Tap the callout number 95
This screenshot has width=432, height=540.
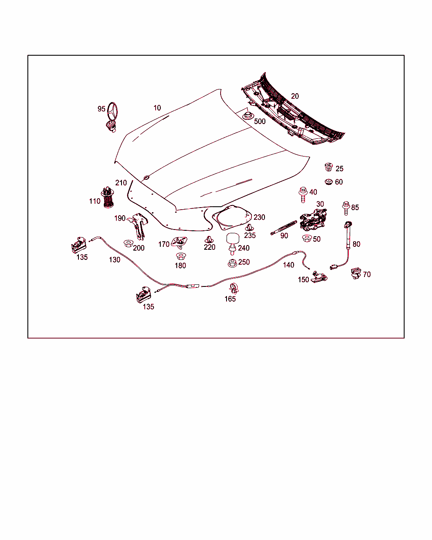coord(101,109)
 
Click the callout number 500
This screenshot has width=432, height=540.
coord(260,121)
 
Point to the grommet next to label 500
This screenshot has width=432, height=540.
coord(247,115)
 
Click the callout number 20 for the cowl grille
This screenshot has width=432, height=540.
coord(295,96)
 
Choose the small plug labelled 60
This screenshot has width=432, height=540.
coord(329,182)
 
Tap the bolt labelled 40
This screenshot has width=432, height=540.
coord(302,193)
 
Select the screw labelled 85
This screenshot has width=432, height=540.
coord(346,208)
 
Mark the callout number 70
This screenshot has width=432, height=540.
coord(367,274)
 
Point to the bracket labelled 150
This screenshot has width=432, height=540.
coord(319,277)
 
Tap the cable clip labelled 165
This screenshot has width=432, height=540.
coord(232,289)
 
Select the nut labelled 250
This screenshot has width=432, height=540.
coord(232,263)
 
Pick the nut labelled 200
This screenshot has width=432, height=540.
coord(128,243)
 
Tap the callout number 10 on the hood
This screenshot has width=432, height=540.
coord(157,108)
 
